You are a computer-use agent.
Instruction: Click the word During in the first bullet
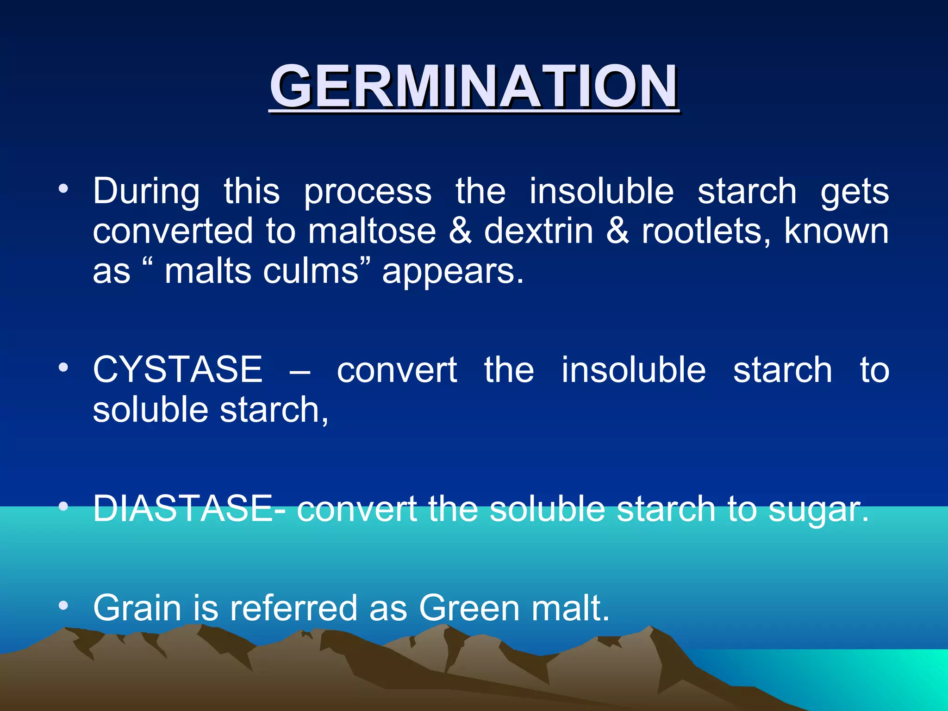tap(146, 191)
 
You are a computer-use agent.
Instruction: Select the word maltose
tap(372, 231)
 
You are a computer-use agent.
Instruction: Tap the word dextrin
tap(538, 231)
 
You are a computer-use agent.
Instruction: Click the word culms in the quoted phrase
tap(311, 271)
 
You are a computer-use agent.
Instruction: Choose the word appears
tap(453, 272)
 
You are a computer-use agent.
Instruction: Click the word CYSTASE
tap(178, 370)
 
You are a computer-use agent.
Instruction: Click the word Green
tap(469, 608)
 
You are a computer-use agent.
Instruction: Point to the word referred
tap(294, 608)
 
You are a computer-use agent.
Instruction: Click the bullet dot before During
tap(63, 189)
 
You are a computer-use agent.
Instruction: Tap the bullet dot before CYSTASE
tap(63, 368)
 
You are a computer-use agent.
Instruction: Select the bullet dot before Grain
tap(63, 605)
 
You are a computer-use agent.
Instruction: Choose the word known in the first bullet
tap(836, 231)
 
